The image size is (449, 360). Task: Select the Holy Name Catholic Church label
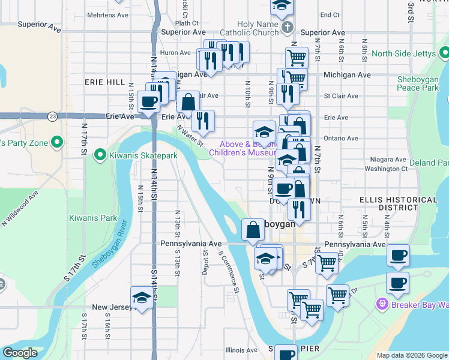click(258, 28)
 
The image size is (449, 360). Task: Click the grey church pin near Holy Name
click(288, 28)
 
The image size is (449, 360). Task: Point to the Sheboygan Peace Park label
click(417, 84)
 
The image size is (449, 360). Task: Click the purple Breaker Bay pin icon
click(381, 304)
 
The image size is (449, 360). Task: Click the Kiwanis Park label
click(93, 218)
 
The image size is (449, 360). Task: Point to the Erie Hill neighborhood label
click(105, 82)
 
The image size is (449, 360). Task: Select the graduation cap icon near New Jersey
click(142, 298)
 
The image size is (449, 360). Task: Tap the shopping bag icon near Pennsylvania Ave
click(253, 229)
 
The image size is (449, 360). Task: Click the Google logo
click(20, 353)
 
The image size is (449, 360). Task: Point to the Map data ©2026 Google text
click(412, 355)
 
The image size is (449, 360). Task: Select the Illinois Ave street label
click(241, 350)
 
